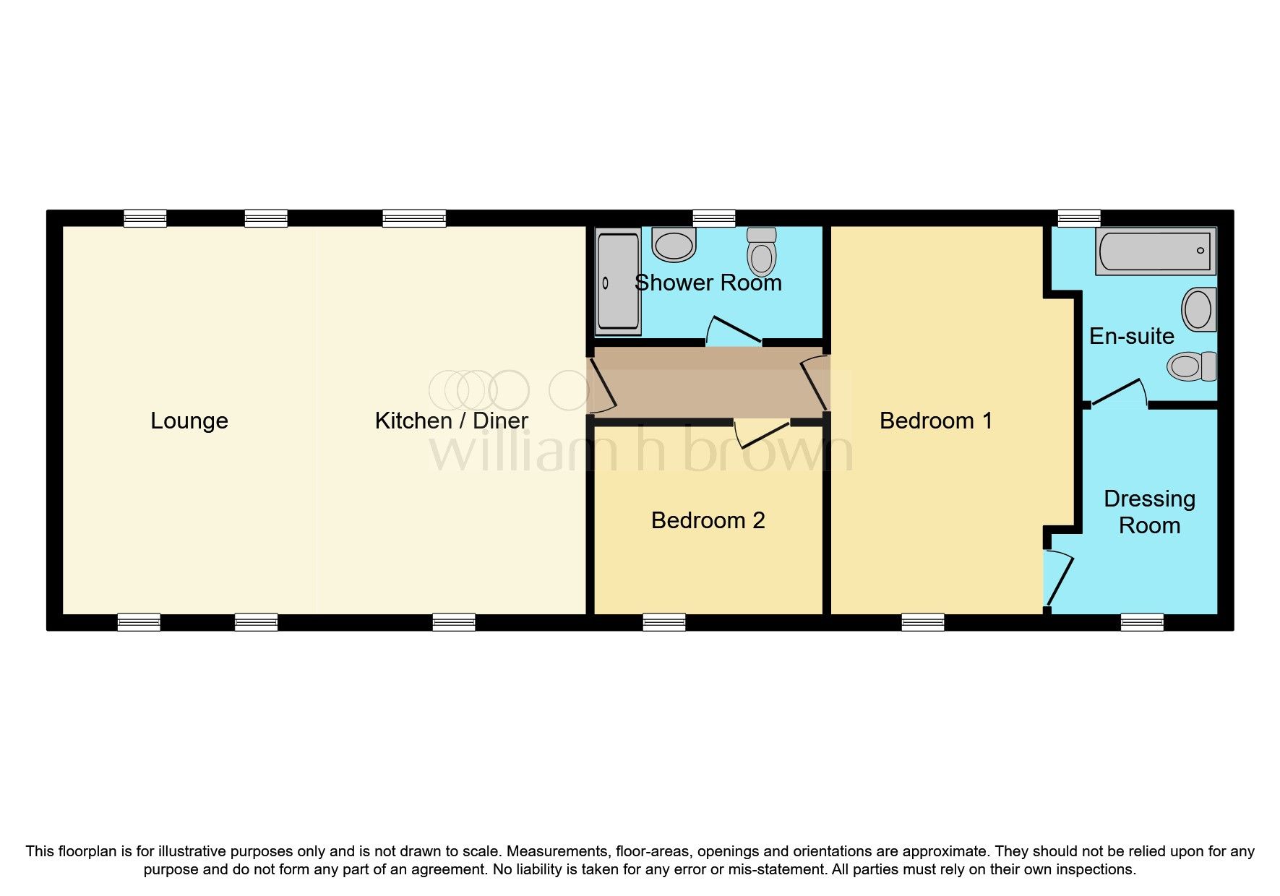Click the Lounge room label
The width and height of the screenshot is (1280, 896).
click(x=189, y=421)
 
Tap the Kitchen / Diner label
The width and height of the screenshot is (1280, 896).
click(x=451, y=421)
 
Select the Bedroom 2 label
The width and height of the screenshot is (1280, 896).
click(x=708, y=520)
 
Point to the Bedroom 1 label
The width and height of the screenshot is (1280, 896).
click(x=935, y=421)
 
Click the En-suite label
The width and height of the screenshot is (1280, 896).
click(x=1131, y=336)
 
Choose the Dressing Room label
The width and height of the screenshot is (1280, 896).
click(x=1149, y=512)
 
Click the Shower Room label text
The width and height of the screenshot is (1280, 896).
click(x=708, y=283)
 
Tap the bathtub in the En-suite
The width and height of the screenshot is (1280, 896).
click(x=1155, y=251)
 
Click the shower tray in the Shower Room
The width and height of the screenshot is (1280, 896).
click(x=618, y=283)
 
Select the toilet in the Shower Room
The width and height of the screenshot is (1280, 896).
click(x=761, y=250)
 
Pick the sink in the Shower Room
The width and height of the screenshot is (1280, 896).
click(x=674, y=244)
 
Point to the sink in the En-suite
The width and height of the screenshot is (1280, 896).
click(x=1199, y=309)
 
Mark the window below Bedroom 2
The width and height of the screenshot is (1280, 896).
click(x=663, y=622)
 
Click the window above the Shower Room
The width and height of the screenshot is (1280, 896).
click(x=713, y=218)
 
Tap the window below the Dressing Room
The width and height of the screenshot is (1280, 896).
click(x=1142, y=622)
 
